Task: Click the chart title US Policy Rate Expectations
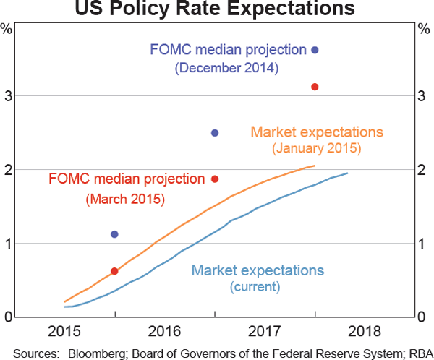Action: tap(217, 9)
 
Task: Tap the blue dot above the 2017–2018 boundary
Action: tap(315, 50)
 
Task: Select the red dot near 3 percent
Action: tap(315, 87)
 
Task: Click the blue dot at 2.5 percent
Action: tap(215, 133)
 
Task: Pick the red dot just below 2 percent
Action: tap(215, 179)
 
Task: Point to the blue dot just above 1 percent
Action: tap(114, 234)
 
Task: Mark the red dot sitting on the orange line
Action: tap(114, 271)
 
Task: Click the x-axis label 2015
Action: tap(64, 332)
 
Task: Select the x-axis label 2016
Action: tap(164, 332)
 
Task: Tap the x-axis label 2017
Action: tap(265, 332)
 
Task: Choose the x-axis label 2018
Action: tap(365, 332)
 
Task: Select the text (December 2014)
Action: tap(227, 69)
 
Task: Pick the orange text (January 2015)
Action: tap(316, 150)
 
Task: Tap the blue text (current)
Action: tap(255, 287)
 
